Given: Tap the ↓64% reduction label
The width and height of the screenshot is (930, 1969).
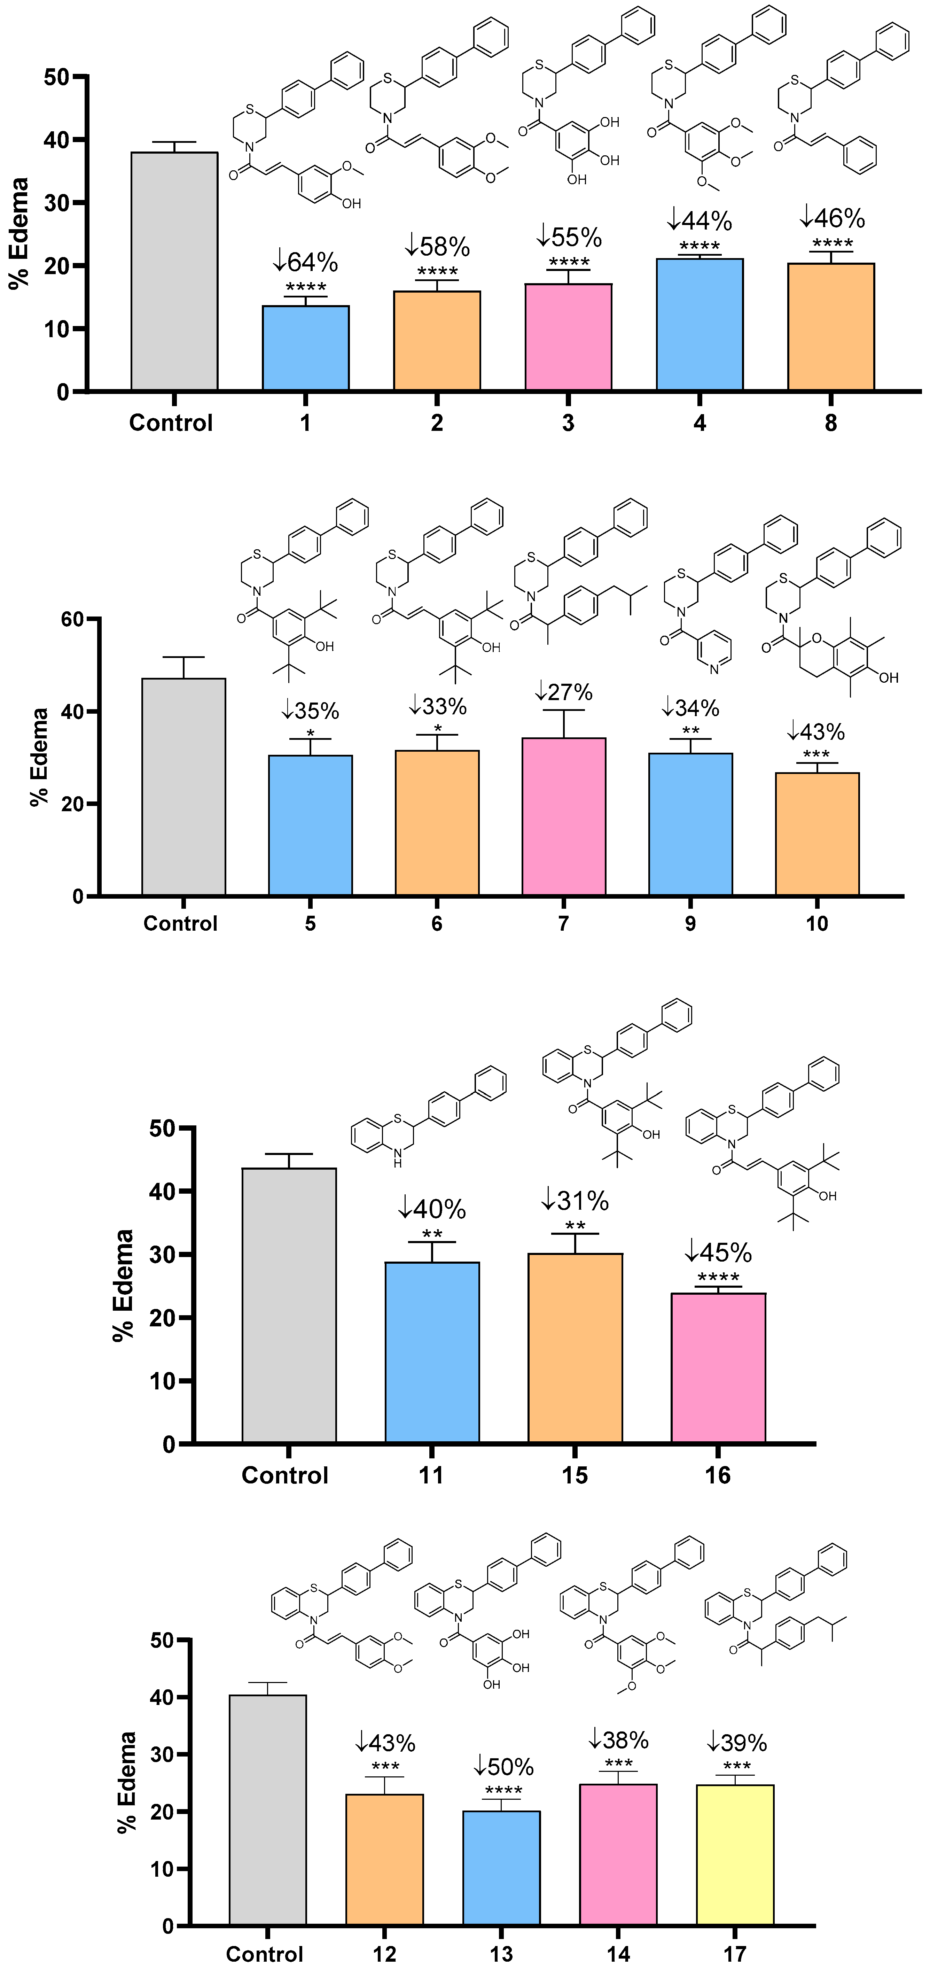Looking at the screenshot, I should (306, 262).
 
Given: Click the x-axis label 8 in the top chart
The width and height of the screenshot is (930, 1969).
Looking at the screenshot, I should (831, 423).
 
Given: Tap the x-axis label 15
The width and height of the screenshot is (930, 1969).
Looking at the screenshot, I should (575, 1475).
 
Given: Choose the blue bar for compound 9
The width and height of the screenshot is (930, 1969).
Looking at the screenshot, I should (690, 824).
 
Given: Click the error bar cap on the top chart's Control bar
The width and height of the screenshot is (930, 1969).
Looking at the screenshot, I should (174, 142).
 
